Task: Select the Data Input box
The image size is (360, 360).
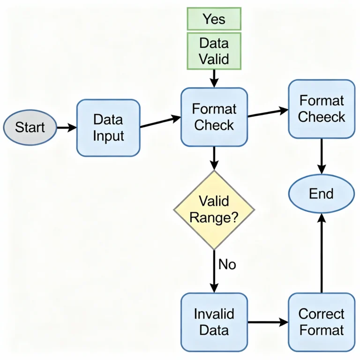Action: [x=108, y=127]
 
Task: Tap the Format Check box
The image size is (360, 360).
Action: [x=214, y=117]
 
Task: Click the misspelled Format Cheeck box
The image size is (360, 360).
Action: [x=322, y=109]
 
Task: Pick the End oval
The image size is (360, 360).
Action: [x=322, y=194]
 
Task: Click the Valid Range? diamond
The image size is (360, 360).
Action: [x=214, y=210]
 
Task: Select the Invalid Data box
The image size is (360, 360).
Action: [x=214, y=322]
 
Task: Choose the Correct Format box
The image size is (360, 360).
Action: [x=322, y=322]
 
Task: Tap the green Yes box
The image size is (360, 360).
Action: [x=214, y=19]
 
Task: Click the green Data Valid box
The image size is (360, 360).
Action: [x=214, y=51]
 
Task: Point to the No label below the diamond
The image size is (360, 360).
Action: [x=227, y=264]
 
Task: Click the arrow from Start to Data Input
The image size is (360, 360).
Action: [x=67, y=127]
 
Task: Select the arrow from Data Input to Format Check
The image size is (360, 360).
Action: [x=160, y=122]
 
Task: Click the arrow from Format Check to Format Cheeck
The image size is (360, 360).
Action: [x=268, y=112]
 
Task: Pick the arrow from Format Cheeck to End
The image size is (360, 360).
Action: [x=322, y=156]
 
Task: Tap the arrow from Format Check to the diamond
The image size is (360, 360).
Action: [x=214, y=158]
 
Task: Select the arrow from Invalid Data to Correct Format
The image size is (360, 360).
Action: [x=268, y=322]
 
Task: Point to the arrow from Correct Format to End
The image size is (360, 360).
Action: [x=322, y=253]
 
